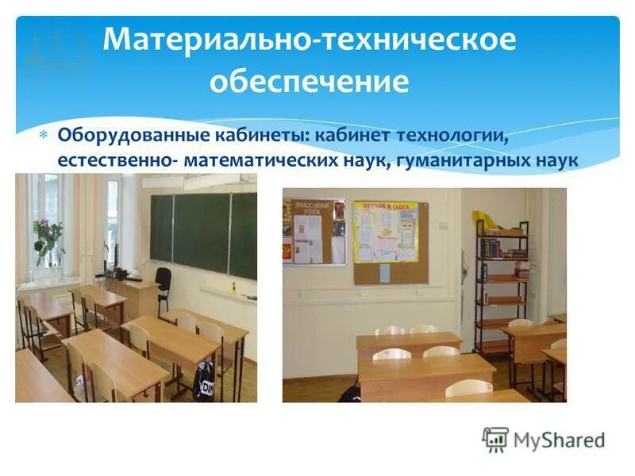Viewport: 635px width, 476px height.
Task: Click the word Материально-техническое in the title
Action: tap(310, 40)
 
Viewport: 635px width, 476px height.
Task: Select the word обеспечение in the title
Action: tap(310, 81)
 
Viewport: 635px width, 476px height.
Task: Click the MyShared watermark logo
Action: tap(544, 439)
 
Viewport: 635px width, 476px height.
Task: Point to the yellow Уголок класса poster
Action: tap(385, 231)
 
